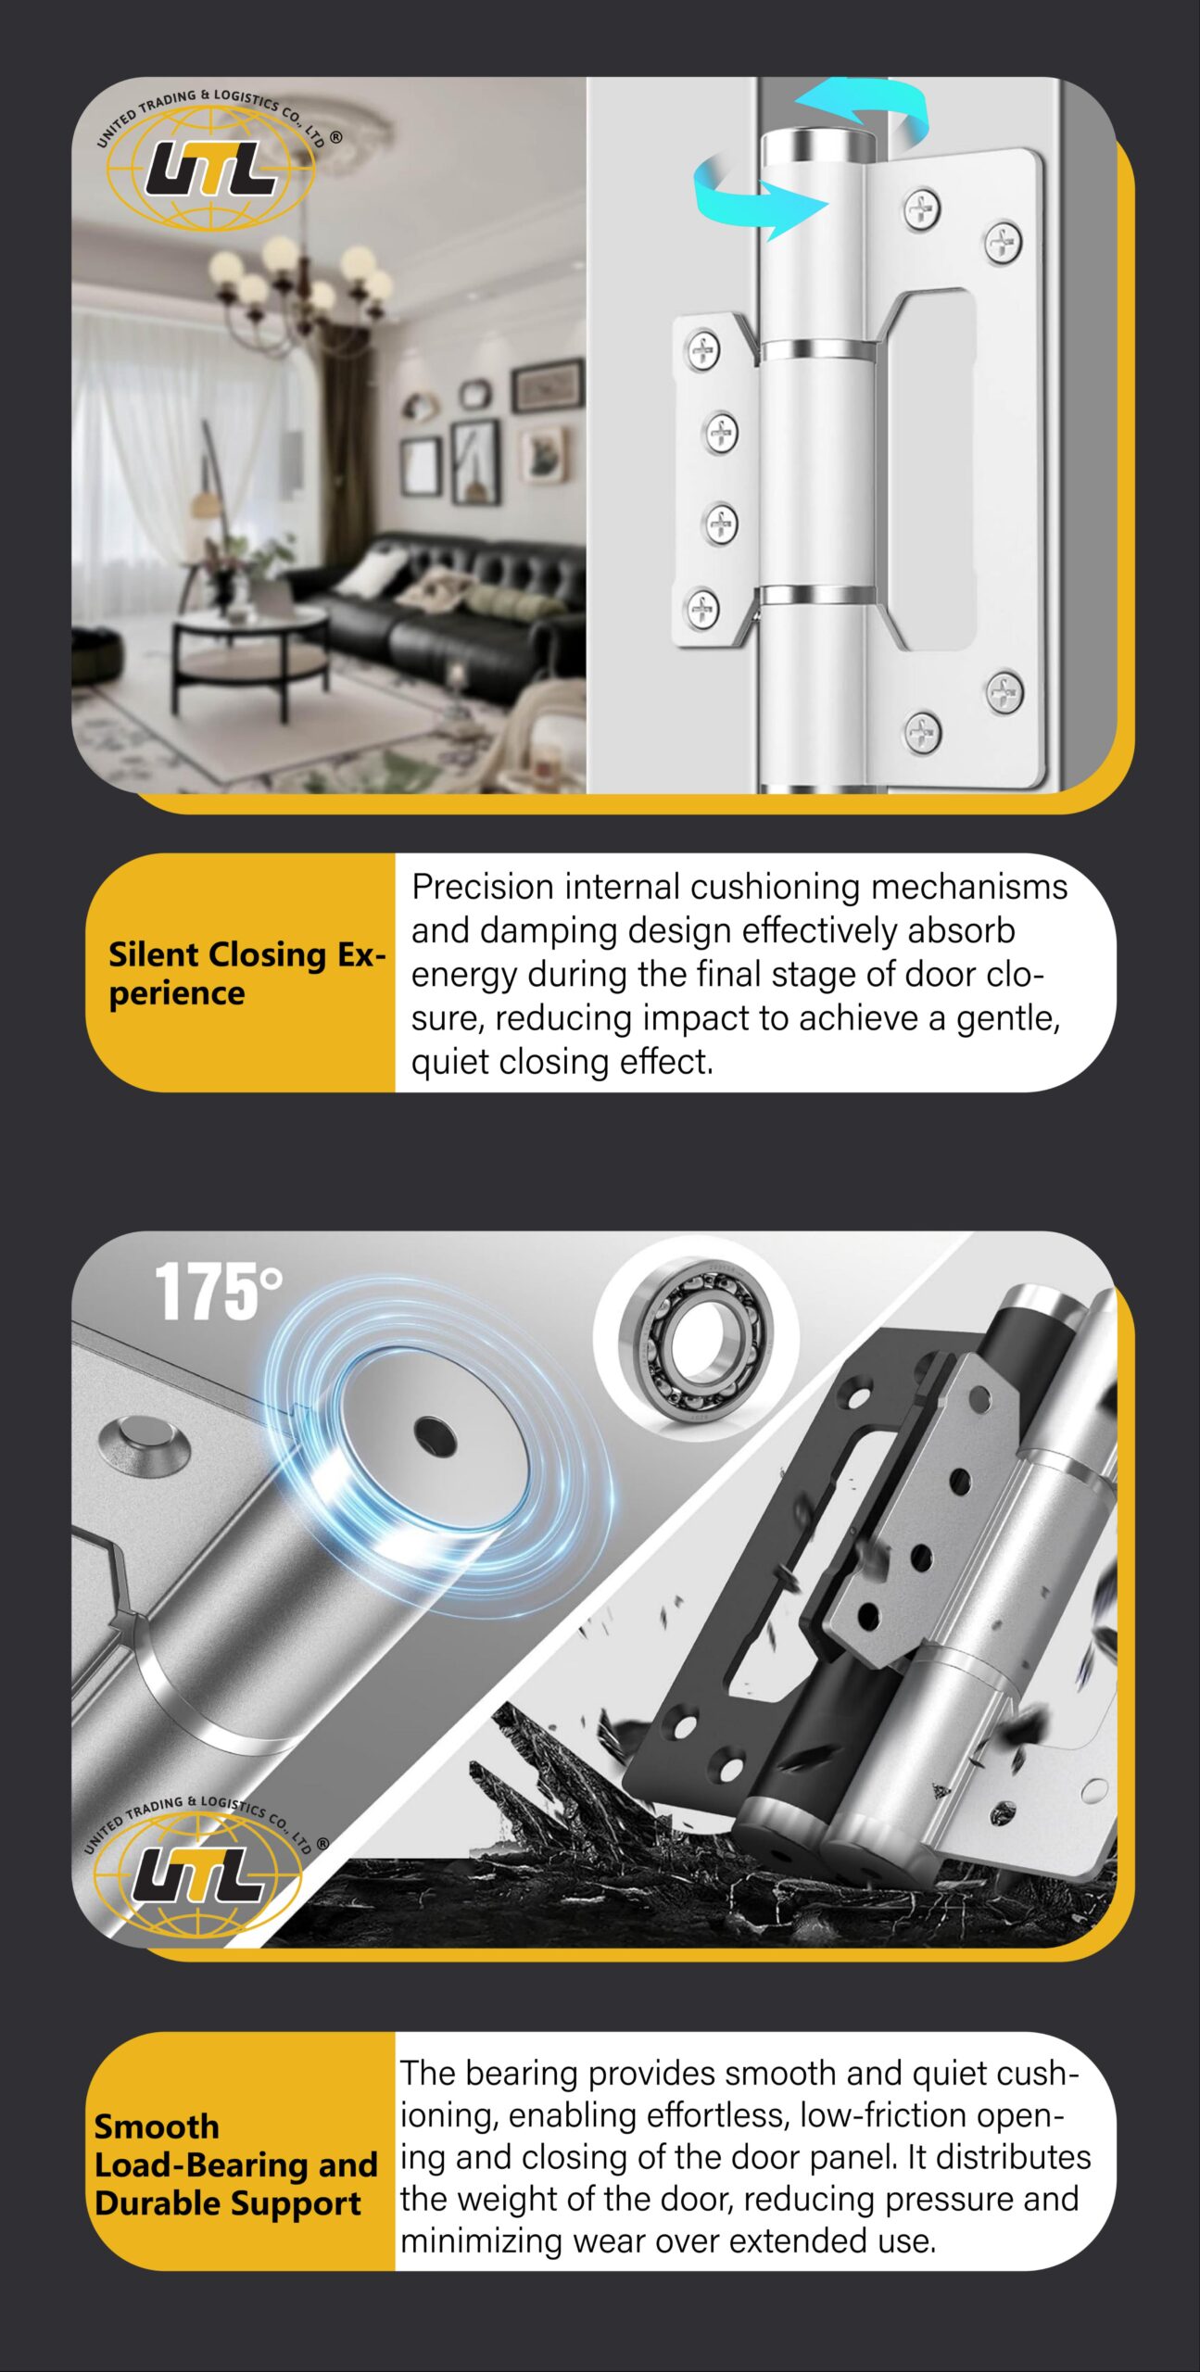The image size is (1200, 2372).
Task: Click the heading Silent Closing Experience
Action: (246, 973)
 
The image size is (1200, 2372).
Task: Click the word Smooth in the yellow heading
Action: (157, 2126)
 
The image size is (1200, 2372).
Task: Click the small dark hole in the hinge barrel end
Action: (435, 1436)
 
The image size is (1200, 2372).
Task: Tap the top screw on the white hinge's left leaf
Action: (703, 350)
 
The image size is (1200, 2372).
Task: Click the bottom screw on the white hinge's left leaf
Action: (702, 608)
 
